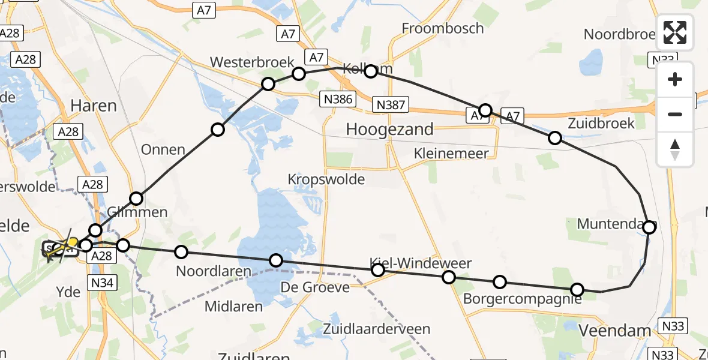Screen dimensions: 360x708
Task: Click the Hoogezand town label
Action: pos(390,129)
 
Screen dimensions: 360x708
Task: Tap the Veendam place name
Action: pos(614,330)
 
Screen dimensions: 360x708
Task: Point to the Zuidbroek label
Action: pos(601,123)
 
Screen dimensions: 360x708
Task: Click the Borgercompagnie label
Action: pos(522,298)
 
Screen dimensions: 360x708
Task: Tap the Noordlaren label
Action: pos(213,271)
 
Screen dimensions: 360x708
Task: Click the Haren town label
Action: pos(94,106)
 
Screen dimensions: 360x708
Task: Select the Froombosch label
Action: pos(443,28)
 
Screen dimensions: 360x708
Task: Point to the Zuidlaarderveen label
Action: pos(376,329)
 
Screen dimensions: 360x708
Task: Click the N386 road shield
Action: pos(337,99)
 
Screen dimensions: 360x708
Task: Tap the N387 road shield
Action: pos(390,105)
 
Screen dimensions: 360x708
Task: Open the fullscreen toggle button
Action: pos(675,33)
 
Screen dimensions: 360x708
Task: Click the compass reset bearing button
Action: pos(675,149)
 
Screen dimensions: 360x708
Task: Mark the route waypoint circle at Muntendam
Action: pos(649,227)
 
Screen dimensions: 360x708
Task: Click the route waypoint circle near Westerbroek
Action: pos(268,83)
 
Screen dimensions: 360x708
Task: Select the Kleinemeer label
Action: pos(451,154)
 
